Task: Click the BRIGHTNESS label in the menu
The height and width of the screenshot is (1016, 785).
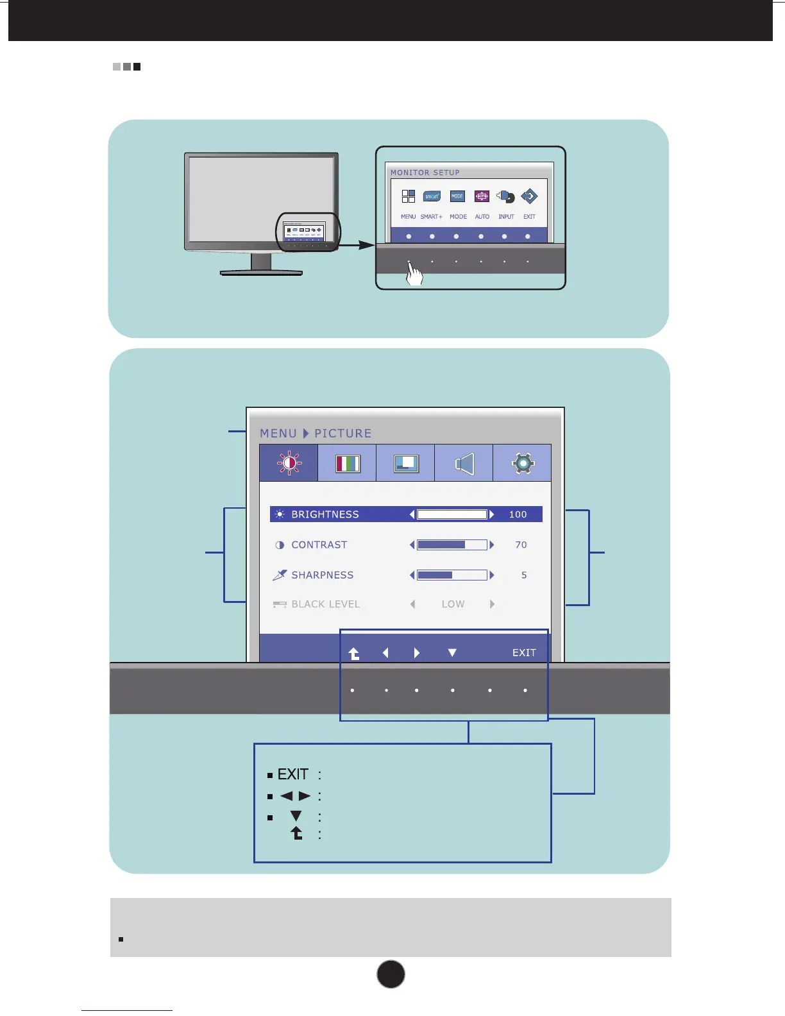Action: pyautogui.click(x=325, y=514)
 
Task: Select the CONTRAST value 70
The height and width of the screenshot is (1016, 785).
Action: pyautogui.click(x=521, y=545)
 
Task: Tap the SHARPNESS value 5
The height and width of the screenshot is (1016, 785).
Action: pyautogui.click(x=524, y=575)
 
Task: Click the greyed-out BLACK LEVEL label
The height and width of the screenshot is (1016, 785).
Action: pyautogui.click(x=325, y=604)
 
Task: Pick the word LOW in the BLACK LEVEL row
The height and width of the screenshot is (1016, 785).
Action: pyautogui.click(x=453, y=604)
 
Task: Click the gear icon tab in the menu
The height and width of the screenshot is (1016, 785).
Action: pyautogui.click(x=522, y=463)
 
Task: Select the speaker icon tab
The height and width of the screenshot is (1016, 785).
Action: pyautogui.click(x=464, y=463)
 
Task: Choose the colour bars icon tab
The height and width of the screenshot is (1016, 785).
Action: pyautogui.click(x=347, y=463)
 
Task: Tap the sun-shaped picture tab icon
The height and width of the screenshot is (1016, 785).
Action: pyautogui.click(x=289, y=463)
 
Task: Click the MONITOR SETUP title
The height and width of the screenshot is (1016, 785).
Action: pyautogui.click(x=425, y=173)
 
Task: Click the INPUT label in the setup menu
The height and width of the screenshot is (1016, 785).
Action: pyautogui.click(x=506, y=217)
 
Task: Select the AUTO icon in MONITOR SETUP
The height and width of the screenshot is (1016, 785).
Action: pyautogui.click(x=482, y=197)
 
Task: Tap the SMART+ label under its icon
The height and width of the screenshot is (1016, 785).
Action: pyautogui.click(x=432, y=217)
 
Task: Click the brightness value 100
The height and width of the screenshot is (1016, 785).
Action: pyautogui.click(x=518, y=514)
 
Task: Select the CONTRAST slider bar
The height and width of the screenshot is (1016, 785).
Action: pyautogui.click(x=452, y=545)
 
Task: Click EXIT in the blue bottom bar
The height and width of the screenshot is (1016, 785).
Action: pyautogui.click(x=524, y=653)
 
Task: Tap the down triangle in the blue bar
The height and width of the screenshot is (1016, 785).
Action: pyautogui.click(x=452, y=653)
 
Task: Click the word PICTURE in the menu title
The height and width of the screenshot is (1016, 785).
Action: pyautogui.click(x=343, y=434)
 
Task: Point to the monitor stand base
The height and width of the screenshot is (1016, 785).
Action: pyautogui.click(x=261, y=273)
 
